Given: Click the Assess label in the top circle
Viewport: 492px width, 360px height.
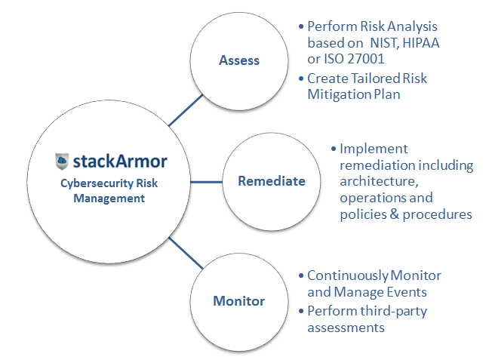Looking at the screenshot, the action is (x=239, y=60).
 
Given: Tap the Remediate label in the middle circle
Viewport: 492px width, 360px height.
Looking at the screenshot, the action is (x=272, y=181).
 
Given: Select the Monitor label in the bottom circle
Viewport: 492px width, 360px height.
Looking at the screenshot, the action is (x=239, y=301).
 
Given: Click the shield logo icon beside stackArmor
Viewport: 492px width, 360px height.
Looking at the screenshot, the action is (x=62, y=162).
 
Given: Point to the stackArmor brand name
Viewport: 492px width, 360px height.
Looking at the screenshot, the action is (x=120, y=162).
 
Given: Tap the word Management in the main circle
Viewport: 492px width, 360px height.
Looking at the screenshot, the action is (x=109, y=198).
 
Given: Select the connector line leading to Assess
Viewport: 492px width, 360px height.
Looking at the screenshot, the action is (x=186, y=110).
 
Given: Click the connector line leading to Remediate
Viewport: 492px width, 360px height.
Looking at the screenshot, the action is (x=207, y=182).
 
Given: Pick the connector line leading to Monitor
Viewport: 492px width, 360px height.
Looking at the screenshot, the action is (x=186, y=253).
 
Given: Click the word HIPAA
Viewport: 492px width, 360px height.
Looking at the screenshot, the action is (x=421, y=43).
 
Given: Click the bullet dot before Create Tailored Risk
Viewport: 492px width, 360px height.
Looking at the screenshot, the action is (x=301, y=78).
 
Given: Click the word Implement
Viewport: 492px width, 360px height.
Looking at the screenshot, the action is (x=374, y=149).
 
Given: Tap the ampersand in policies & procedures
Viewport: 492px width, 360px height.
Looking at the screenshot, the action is (x=395, y=214).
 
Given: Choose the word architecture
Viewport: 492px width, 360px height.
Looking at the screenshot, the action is (x=379, y=182).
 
